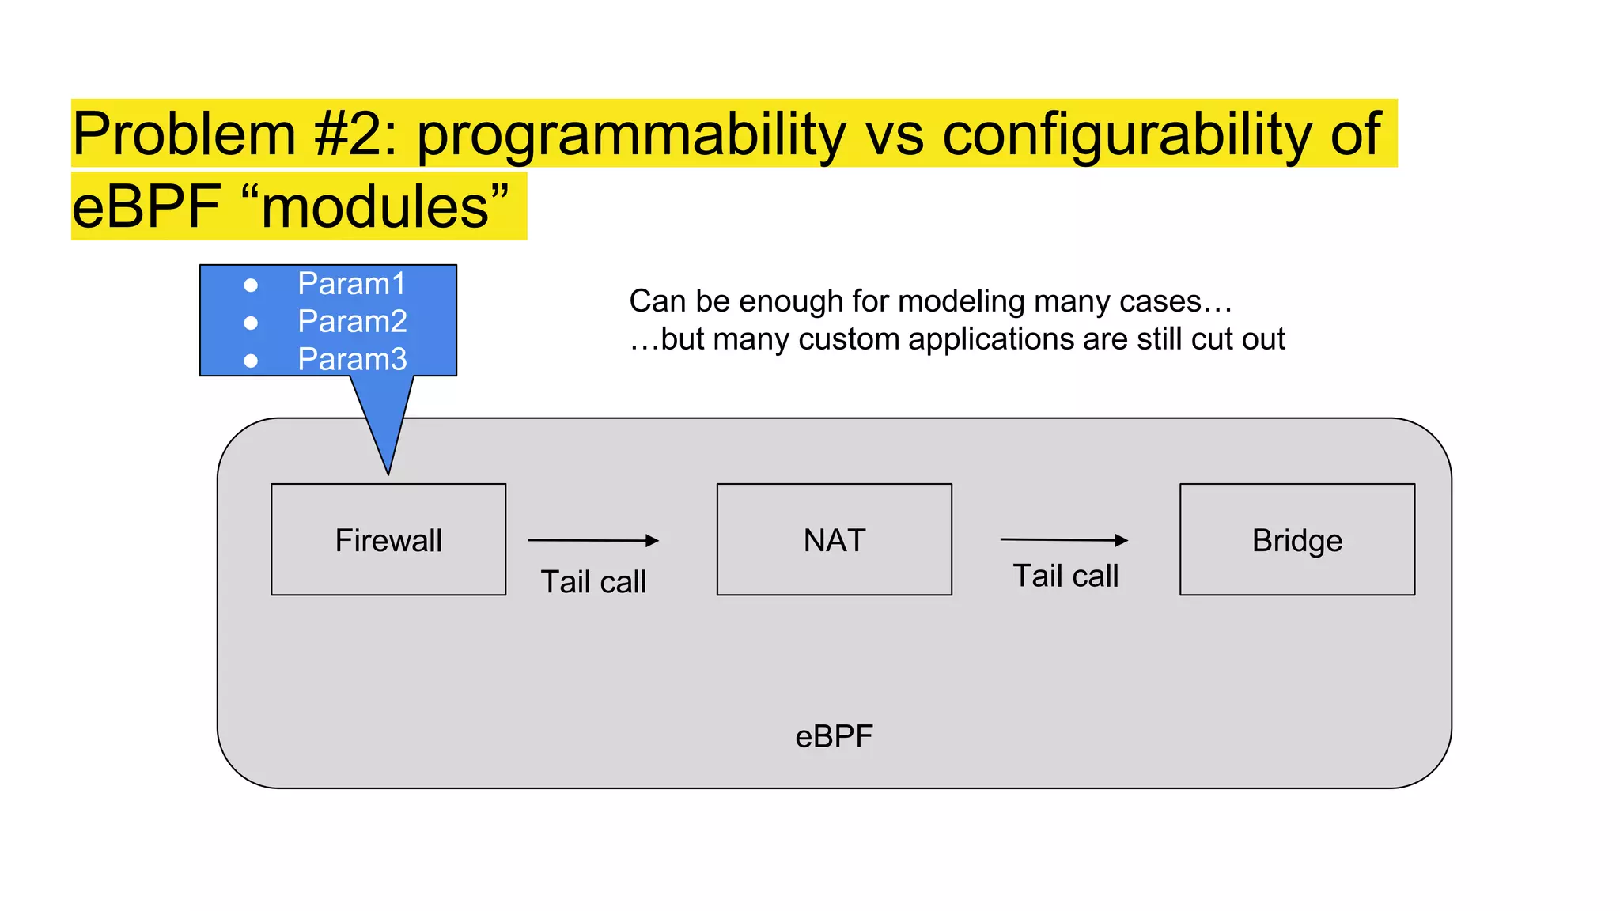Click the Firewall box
pos(388,539)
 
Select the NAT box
pos(834,539)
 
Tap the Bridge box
pos(1296,539)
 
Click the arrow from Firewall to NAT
pos(593,541)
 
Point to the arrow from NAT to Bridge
pos(1064,540)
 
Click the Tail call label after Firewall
pos(593,582)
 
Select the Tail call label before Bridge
pos(1065,576)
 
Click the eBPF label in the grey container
pos(834,736)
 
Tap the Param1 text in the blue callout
pos(351,284)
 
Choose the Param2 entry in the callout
pos(352,322)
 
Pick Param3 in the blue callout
pos(352,360)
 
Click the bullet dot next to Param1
pos(251,285)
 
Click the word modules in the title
pos(375,207)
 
